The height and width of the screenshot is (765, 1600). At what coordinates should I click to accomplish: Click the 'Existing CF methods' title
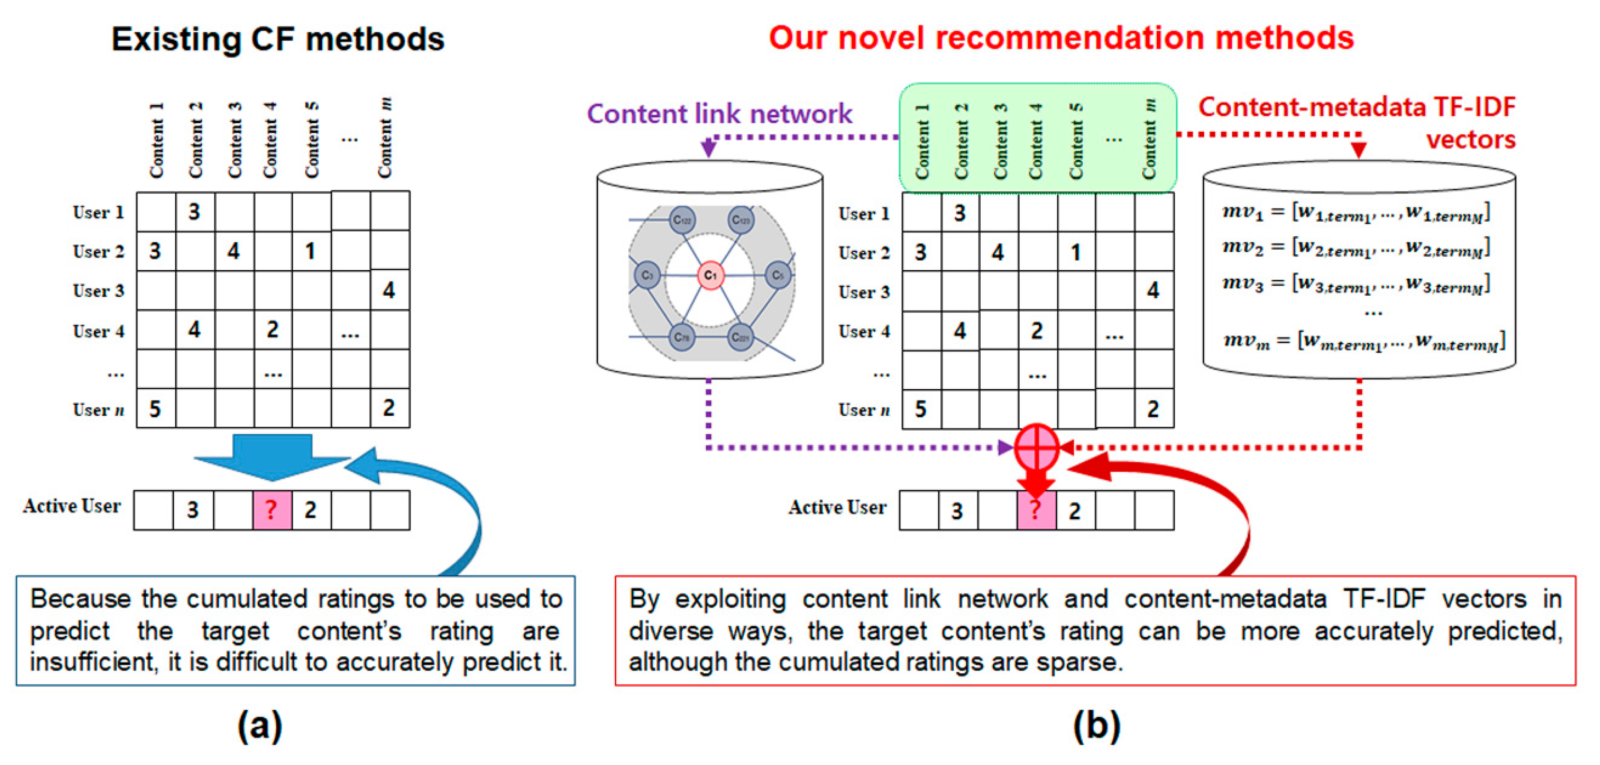[x=278, y=39]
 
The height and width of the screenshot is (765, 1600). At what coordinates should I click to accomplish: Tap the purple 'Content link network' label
[x=719, y=113]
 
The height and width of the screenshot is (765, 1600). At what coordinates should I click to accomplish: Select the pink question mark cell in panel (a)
[x=272, y=510]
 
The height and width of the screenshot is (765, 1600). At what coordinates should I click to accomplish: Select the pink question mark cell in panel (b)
[x=1036, y=510]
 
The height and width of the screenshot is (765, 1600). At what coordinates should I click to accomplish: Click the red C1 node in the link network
[x=710, y=275]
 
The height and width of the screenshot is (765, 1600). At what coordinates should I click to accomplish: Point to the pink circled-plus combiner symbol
[x=1036, y=447]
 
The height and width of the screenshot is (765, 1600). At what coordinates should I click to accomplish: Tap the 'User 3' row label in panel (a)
[x=98, y=291]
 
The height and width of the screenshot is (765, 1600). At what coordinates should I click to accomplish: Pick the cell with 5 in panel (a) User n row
[x=155, y=408]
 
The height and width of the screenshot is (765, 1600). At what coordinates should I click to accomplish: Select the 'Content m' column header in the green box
[x=1149, y=140]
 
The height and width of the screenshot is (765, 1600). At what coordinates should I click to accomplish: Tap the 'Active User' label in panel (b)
[x=837, y=507]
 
